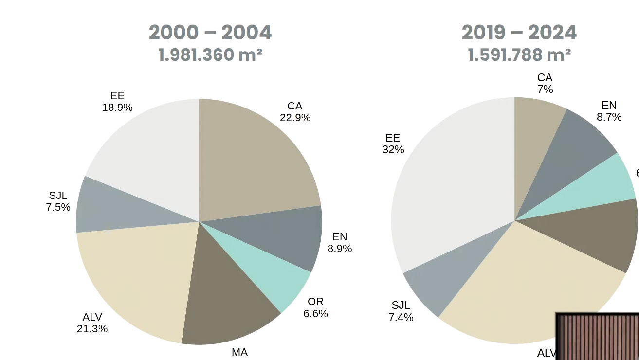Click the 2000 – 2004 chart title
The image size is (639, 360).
pyautogui.click(x=210, y=33)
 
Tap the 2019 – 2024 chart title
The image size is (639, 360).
pyautogui.click(x=519, y=33)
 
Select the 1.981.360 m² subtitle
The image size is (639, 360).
pyautogui.click(x=210, y=55)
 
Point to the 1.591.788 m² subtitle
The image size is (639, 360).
pyautogui.click(x=519, y=55)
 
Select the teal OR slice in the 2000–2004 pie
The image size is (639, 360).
pyautogui.click(x=273, y=277)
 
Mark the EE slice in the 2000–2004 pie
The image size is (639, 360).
pyautogui.click(x=151, y=156)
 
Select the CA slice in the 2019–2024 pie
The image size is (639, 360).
pyautogui.click(x=535, y=136)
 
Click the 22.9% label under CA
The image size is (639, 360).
pyautogui.click(x=295, y=118)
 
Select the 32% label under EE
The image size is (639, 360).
pyautogui.click(x=393, y=150)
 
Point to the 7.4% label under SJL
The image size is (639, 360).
pyautogui.click(x=401, y=318)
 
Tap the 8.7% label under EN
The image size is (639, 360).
pyautogui.click(x=609, y=117)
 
